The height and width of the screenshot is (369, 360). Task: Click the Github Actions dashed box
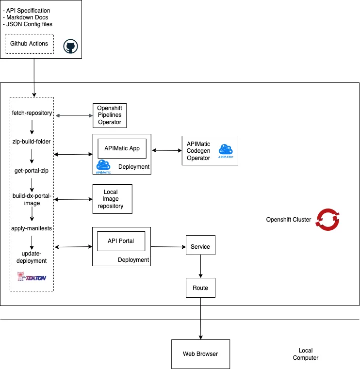(x=29, y=44)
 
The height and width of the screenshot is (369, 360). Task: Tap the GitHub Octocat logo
(x=71, y=47)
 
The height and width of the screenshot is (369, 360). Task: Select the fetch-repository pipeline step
(x=32, y=113)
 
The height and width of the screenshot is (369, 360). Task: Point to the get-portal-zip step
(x=32, y=171)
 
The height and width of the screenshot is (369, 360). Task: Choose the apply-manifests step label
(x=32, y=227)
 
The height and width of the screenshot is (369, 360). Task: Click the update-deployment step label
(x=32, y=257)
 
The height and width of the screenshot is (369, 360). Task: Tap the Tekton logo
(x=32, y=277)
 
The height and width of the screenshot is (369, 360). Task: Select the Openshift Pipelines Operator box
(x=109, y=115)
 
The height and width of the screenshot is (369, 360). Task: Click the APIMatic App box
(x=122, y=148)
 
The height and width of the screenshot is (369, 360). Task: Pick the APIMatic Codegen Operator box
(x=210, y=151)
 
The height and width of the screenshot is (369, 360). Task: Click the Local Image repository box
(x=113, y=199)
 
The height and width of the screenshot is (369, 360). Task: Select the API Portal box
(x=121, y=241)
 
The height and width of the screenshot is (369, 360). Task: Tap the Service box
(x=200, y=246)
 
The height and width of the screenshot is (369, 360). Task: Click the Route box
(x=200, y=288)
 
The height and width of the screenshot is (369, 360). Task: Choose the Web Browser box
(x=200, y=354)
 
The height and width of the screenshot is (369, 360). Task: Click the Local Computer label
(x=306, y=354)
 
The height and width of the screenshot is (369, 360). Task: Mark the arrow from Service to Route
(x=200, y=267)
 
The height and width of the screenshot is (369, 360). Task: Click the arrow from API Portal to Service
(x=168, y=247)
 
